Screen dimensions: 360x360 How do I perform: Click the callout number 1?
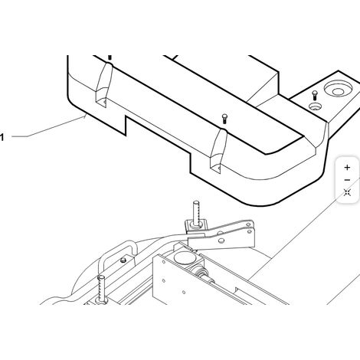coord(2,137)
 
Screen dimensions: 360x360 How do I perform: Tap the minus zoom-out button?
coord(347,180)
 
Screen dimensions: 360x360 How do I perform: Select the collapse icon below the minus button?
coord(347,192)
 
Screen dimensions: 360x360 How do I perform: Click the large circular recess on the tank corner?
coord(338,89)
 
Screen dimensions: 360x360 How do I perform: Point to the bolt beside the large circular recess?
coord(315,96)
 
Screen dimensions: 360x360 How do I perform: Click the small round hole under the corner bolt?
coord(316,106)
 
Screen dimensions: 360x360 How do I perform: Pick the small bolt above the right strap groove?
coord(224,119)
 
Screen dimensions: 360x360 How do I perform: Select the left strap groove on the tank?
coord(104,85)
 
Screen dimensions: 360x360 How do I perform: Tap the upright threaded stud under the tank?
coord(196,213)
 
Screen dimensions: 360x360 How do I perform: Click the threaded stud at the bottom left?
coord(101,289)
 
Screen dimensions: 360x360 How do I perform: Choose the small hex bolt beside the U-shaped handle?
coord(123,260)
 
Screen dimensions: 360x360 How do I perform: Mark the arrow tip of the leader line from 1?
coord(85,116)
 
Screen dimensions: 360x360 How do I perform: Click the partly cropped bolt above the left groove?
coord(110,57)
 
